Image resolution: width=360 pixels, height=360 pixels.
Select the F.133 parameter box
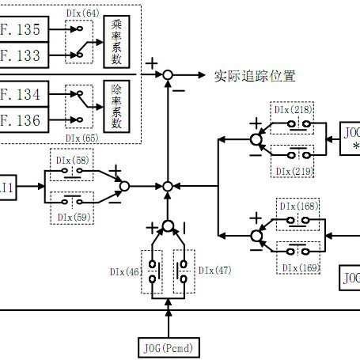[22, 56]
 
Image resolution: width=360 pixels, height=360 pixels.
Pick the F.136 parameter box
[22, 120]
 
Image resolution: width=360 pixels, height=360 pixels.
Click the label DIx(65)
[83, 138]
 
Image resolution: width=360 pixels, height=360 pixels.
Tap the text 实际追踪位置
[255, 77]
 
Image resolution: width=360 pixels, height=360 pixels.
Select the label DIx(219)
[295, 171]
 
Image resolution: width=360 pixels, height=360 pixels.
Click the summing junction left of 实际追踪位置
[168, 76]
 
